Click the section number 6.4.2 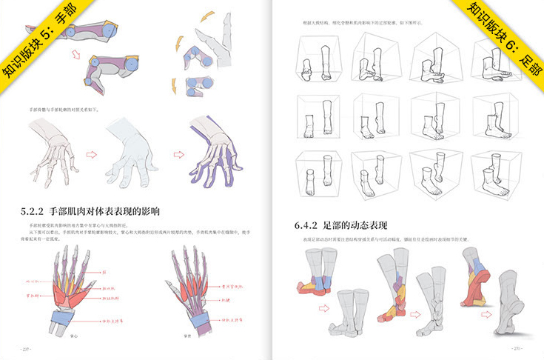306,224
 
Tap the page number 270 518,348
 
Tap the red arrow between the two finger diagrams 75,53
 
